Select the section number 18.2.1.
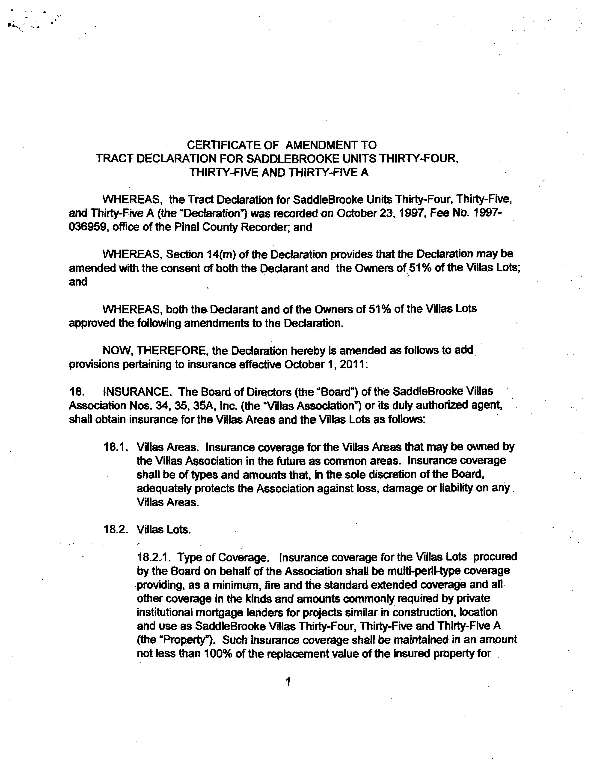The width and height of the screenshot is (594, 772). [154, 558]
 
